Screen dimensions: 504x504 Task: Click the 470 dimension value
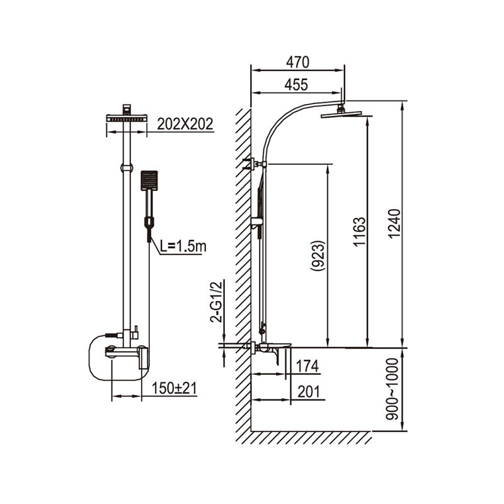click(x=297, y=62)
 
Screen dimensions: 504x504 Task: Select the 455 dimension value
click(x=297, y=85)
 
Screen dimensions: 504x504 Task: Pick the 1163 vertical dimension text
click(x=358, y=234)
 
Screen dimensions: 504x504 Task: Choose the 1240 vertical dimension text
click(x=394, y=223)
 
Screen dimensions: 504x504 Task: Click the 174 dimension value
click(x=308, y=366)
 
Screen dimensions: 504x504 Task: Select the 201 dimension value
click(x=308, y=391)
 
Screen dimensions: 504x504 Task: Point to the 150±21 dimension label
click(x=175, y=389)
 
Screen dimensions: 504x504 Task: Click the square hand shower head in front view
click(x=150, y=181)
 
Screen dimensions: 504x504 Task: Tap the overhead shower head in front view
click(x=127, y=118)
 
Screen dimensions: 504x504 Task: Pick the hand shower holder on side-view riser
click(x=256, y=222)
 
